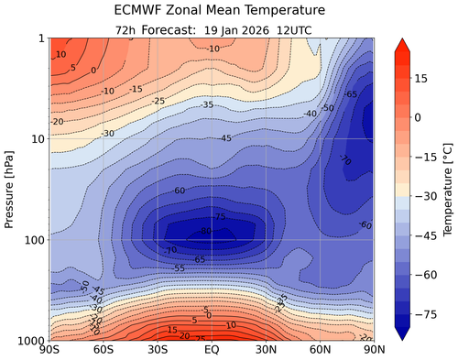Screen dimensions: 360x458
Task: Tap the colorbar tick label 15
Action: [x=423, y=80]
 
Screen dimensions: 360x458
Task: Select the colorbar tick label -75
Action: [x=426, y=311]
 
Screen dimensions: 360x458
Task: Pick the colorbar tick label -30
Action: [x=426, y=195]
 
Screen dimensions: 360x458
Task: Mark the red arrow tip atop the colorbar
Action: [x=402, y=42]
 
